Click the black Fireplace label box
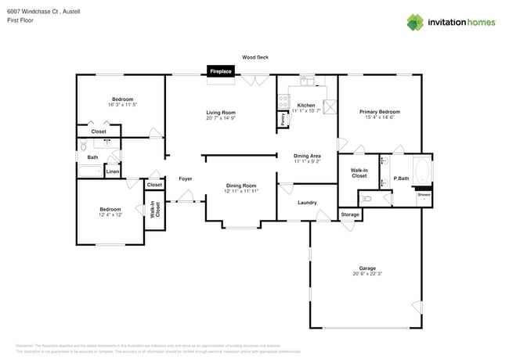pos(220,71)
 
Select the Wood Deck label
pos(254,57)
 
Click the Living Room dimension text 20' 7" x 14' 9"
pos(221,118)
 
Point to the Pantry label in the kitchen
pos(282,120)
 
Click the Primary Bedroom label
pos(379,111)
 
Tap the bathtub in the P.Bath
pos(422,171)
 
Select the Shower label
pos(424,194)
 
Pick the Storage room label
pos(350,214)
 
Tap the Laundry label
pos(307,203)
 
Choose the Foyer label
pos(186,178)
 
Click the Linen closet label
pos(113,171)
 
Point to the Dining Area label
pos(306,156)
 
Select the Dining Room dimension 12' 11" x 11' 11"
pos(241,191)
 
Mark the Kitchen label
pos(306,105)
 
